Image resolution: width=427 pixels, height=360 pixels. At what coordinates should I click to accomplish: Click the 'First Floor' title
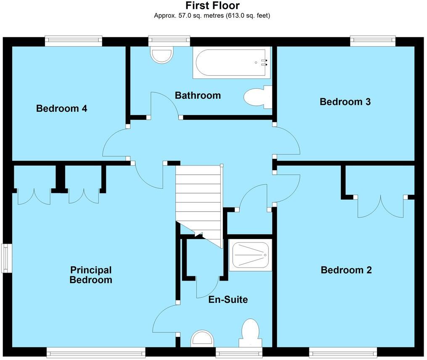(213, 5)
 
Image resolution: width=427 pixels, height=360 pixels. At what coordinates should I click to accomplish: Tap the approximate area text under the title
(213, 16)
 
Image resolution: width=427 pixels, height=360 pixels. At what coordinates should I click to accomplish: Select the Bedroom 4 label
(62, 108)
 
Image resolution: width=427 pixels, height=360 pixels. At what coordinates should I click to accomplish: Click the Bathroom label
(198, 95)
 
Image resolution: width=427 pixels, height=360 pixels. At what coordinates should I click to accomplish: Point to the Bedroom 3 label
(345, 102)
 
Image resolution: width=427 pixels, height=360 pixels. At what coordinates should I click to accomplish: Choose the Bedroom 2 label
(346, 270)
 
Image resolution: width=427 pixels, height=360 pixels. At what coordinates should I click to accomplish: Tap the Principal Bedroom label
(91, 275)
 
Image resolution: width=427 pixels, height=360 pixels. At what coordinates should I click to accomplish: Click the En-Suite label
(228, 300)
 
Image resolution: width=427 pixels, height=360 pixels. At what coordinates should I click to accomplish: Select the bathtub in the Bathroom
(231, 63)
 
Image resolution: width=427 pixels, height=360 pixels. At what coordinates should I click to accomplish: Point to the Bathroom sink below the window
(162, 56)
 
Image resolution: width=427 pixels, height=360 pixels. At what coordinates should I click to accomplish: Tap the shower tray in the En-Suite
(250, 255)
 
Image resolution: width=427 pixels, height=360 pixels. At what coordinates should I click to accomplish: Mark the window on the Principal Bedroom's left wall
(6, 258)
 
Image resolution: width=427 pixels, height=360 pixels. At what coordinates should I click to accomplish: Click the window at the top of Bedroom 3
(373, 40)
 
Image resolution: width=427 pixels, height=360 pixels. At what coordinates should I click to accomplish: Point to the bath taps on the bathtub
(264, 63)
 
